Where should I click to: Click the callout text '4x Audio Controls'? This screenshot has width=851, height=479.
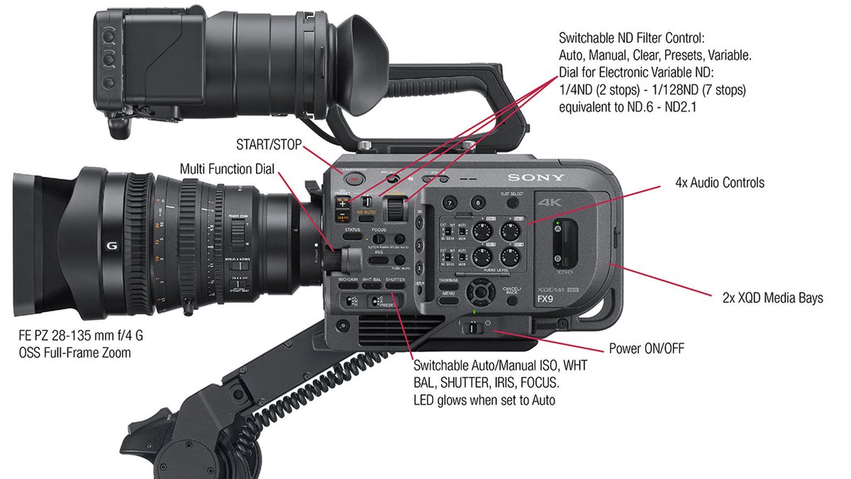click(720, 183)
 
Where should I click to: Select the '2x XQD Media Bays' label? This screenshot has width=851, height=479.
click(767, 298)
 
